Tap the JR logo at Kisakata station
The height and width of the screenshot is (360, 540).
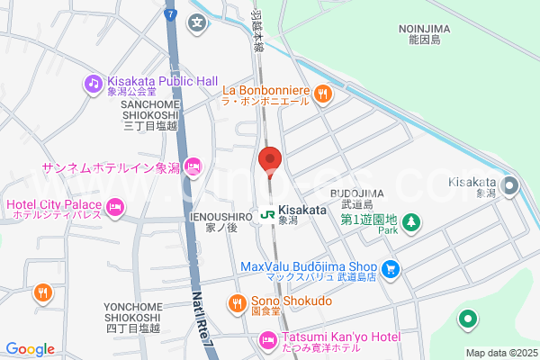point(267,215)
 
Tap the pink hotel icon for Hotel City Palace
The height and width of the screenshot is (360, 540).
point(114,209)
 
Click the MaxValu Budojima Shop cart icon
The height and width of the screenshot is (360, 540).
point(390,268)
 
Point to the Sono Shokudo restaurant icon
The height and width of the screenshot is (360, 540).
point(237,301)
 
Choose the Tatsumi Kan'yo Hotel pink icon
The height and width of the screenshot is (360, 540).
point(266,340)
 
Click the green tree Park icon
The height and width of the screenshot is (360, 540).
point(409,220)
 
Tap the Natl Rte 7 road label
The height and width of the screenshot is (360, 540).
point(202,315)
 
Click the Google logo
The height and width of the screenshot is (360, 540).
point(31,349)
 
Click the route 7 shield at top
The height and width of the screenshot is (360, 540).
point(170,13)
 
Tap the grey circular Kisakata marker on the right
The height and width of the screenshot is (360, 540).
point(510,186)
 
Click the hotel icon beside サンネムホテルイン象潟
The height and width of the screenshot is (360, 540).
point(193,166)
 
